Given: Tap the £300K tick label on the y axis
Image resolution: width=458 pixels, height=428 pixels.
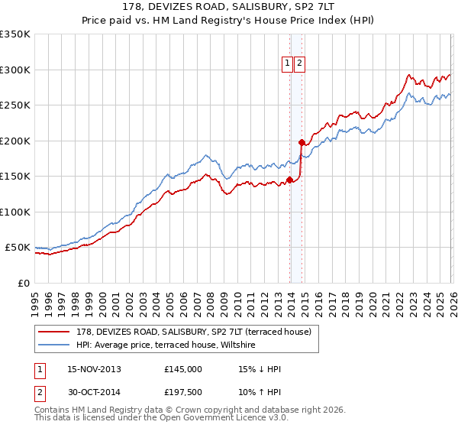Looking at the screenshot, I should pyautogui.click(x=15, y=70).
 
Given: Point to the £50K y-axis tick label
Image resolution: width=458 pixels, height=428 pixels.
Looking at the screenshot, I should pyautogui.click(x=18, y=248).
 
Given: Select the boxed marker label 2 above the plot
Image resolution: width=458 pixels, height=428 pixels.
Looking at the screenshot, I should pyautogui.click(x=299, y=63).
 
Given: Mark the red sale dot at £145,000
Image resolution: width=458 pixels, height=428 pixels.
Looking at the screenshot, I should pyautogui.click(x=289, y=180).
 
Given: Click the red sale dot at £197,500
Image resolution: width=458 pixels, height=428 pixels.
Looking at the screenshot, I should pyautogui.click(x=302, y=142).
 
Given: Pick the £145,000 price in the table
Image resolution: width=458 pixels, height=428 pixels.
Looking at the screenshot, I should pyautogui.click(x=183, y=369).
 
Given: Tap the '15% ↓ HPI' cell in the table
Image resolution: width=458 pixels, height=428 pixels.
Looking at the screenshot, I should pyautogui.click(x=260, y=369).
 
